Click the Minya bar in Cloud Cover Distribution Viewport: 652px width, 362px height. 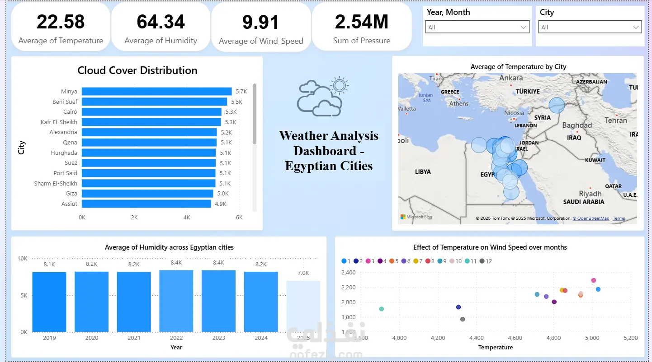click(x=156, y=91)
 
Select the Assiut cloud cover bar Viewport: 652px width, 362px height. click(x=146, y=204)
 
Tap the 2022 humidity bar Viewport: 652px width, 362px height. click(x=176, y=301)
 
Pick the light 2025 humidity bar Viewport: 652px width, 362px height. click(x=303, y=306)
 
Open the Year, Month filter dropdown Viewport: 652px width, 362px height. click(x=477, y=27)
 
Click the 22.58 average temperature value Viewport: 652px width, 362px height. click(x=61, y=22)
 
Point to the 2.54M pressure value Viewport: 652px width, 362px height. click(x=361, y=22)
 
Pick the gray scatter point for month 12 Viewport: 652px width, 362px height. click(x=463, y=319)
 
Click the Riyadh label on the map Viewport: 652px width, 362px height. click(x=590, y=194)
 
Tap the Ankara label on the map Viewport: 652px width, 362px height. click(x=511, y=78)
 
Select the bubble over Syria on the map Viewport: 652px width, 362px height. click(x=557, y=106)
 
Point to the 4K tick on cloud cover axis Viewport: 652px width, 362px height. click(x=187, y=218)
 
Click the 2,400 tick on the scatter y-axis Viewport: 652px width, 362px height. click(x=348, y=273)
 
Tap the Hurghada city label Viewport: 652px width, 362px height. click(x=64, y=153)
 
